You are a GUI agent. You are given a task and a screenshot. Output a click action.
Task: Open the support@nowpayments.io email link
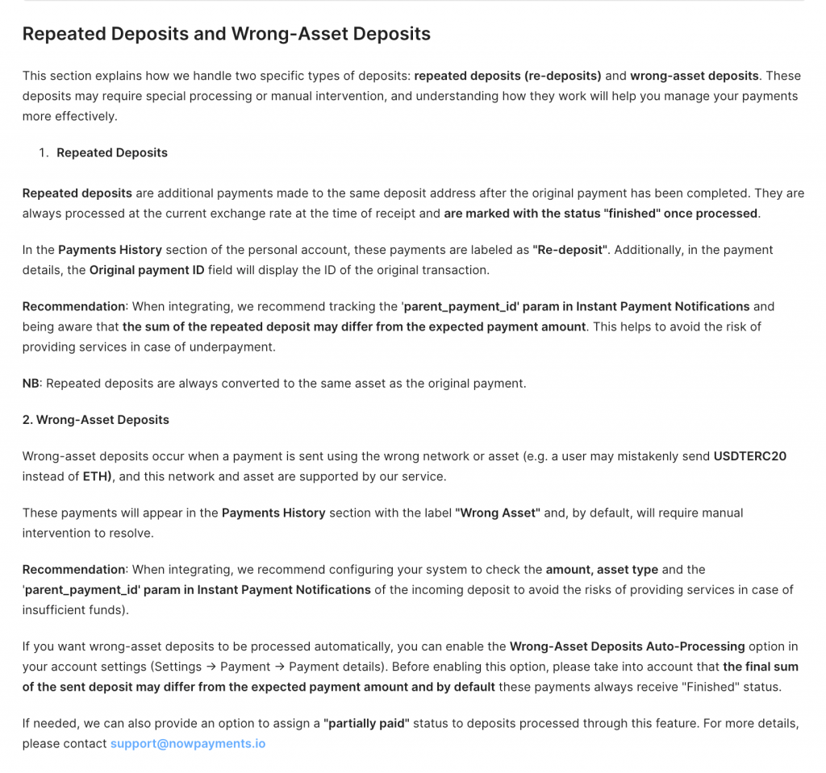coord(188,743)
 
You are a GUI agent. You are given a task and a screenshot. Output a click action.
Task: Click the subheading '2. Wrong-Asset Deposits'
coord(95,419)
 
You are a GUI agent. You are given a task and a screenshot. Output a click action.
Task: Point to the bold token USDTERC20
coord(749,456)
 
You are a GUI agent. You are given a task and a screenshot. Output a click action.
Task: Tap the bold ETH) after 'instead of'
coord(98,476)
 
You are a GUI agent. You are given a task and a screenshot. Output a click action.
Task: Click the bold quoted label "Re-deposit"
coord(569,250)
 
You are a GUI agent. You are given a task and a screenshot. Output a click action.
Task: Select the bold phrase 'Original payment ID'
coord(147,270)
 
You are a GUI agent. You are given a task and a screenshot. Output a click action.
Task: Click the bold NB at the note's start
coord(31,383)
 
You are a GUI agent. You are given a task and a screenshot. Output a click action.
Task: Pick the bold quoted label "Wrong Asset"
coord(497,513)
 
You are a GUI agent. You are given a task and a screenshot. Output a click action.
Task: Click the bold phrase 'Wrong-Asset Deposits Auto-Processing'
coord(627,646)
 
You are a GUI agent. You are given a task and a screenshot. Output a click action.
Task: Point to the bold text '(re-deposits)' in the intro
coord(562,76)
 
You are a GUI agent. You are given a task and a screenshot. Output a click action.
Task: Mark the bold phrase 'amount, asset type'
coord(602,569)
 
